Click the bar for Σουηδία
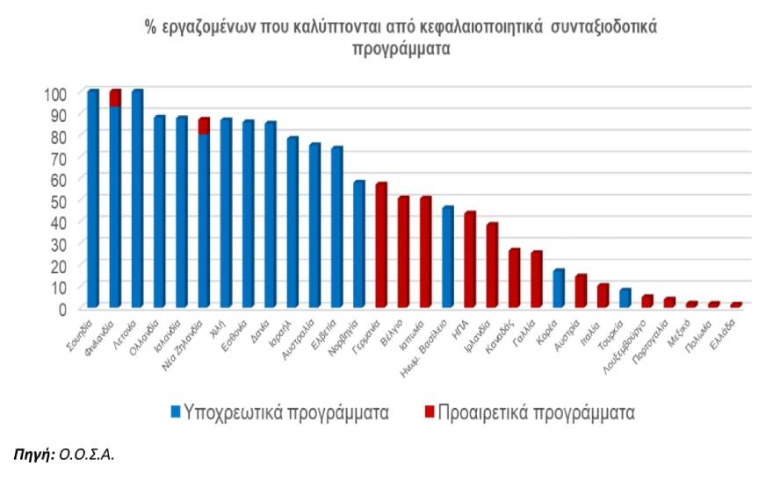(x=92, y=197)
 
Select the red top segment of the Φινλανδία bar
(x=114, y=97)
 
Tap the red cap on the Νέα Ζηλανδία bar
(x=204, y=125)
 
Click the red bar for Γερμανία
(x=381, y=245)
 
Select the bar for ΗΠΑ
(x=470, y=259)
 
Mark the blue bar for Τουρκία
(x=625, y=297)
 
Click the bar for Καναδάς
(x=514, y=277)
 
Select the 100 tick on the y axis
(x=55, y=93)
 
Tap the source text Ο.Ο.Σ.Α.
(x=87, y=455)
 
